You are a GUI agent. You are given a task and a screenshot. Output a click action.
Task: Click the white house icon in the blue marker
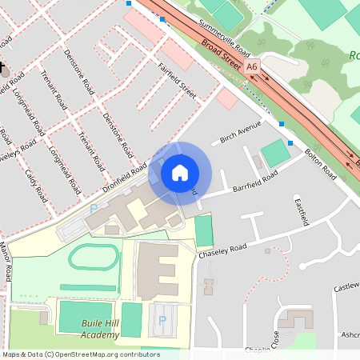(x=180, y=173)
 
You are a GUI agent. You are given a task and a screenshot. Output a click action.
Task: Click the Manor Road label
(x=6, y=263)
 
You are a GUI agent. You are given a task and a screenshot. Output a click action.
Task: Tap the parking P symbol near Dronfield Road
(x=94, y=209)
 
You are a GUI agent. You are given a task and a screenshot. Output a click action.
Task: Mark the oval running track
(x=94, y=258)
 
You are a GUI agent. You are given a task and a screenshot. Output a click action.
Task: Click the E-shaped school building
(x=158, y=270)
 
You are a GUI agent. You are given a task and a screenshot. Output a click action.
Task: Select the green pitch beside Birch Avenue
(x=275, y=152)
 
